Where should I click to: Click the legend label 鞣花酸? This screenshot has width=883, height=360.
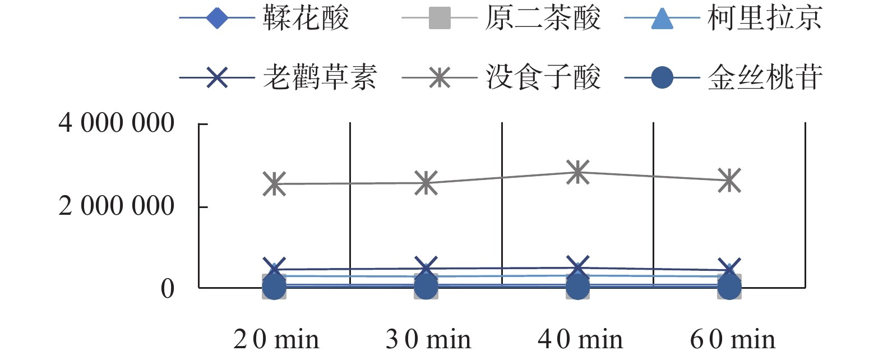click(306, 18)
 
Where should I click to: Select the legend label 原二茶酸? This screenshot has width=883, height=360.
click(542, 18)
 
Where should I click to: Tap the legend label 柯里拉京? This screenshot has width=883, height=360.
click(765, 18)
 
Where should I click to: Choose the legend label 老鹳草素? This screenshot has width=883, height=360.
click(320, 77)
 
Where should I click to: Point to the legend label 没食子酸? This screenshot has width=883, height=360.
click(542, 77)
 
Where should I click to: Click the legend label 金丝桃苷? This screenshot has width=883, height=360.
click(765, 77)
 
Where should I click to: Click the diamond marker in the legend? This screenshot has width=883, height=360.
click(217, 18)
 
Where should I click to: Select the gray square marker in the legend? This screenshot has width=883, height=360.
click(440, 18)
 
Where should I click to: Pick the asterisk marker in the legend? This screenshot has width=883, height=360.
click(440, 77)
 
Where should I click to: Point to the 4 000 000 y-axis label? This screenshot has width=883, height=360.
click(117, 123)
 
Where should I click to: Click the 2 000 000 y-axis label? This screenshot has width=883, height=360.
click(117, 206)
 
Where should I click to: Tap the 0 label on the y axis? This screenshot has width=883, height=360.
click(167, 289)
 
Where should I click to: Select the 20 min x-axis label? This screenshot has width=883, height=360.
click(276, 339)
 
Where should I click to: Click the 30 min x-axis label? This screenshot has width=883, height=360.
click(428, 339)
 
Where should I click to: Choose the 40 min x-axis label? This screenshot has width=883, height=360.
click(580, 339)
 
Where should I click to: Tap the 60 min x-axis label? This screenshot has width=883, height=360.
click(732, 339)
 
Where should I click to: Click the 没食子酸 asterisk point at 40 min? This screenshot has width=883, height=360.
click(577, 172)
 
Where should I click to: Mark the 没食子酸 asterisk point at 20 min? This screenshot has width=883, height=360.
click(274, 184)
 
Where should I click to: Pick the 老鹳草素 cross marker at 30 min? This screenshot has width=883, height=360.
click(426, 269)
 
